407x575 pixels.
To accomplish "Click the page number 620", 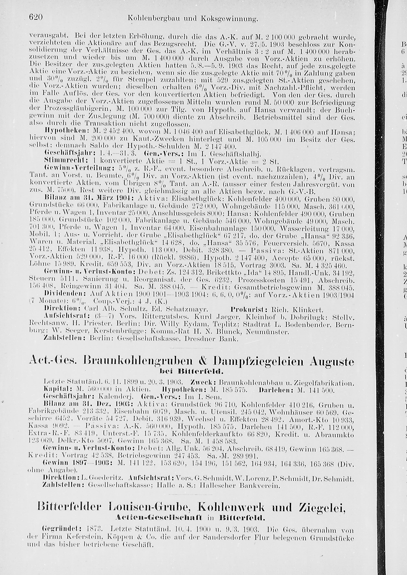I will click(x=36, y=17).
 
